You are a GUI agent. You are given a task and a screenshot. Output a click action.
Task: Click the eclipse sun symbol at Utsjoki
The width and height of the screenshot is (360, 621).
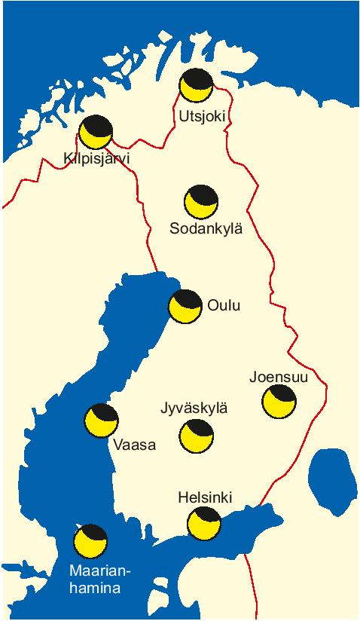[196, 84]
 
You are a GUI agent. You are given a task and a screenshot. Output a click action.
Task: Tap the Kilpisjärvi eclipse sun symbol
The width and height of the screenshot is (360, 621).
[96, 133]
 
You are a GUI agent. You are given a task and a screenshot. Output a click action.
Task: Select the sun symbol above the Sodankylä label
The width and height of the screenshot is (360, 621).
[201, 201]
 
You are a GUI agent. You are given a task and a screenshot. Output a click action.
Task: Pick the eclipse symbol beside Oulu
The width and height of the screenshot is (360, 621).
[185, 306]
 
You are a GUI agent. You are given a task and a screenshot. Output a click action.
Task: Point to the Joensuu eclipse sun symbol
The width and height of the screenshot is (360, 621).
[279, 401]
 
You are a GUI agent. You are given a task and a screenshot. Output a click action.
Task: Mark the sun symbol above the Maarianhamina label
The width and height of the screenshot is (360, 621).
[90, 540]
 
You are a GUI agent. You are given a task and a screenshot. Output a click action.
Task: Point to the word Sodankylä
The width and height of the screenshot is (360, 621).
[206, 228]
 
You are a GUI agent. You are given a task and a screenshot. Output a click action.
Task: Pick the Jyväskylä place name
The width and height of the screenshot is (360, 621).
[194, 408]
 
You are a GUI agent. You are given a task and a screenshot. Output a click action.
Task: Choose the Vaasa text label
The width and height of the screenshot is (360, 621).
[134, 445]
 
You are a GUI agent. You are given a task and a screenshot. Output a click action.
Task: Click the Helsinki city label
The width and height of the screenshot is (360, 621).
[205, 498]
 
